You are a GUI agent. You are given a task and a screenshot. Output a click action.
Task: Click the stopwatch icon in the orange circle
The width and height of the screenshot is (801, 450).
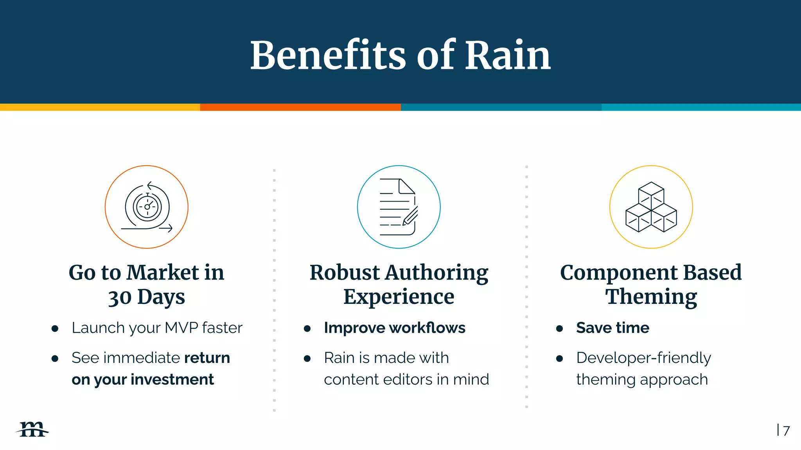(147, 207)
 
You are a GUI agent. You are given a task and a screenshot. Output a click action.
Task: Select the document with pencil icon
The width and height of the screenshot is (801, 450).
(399, 207)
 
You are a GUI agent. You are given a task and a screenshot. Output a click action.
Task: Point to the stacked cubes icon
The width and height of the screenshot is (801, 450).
(651, 207)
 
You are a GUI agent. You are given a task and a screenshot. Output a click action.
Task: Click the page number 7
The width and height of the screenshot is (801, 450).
(787, 430)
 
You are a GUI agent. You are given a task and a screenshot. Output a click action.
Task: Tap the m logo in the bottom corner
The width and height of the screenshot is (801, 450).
(33, 429)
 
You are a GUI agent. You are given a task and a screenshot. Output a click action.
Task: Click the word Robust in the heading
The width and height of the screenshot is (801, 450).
(345, 272)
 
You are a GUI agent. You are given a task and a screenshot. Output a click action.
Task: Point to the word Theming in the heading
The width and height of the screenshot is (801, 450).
(651, 297)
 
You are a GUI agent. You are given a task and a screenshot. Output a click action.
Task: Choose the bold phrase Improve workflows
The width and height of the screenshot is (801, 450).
(395, 328)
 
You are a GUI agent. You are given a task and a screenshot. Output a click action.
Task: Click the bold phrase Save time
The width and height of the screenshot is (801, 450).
(612, 328)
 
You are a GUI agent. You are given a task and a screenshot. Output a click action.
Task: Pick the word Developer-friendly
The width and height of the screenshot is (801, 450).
(643, 358)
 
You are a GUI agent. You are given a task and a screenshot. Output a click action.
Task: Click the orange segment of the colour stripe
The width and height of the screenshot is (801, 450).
(300, 107)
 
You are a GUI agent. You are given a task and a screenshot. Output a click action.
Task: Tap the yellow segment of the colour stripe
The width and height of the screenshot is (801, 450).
(100, 107)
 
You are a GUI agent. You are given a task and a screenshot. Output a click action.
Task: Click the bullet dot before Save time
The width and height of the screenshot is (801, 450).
(560, 329)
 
